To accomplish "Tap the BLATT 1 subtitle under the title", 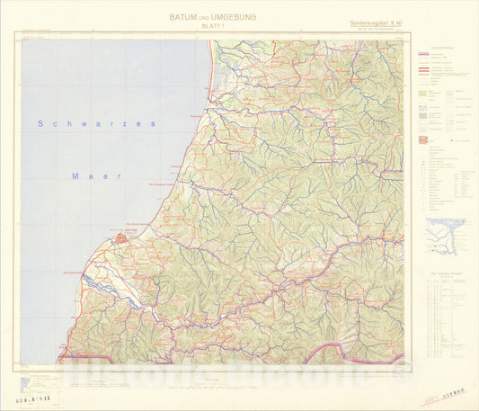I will pos(212,27).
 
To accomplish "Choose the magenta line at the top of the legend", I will pos(429,55).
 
